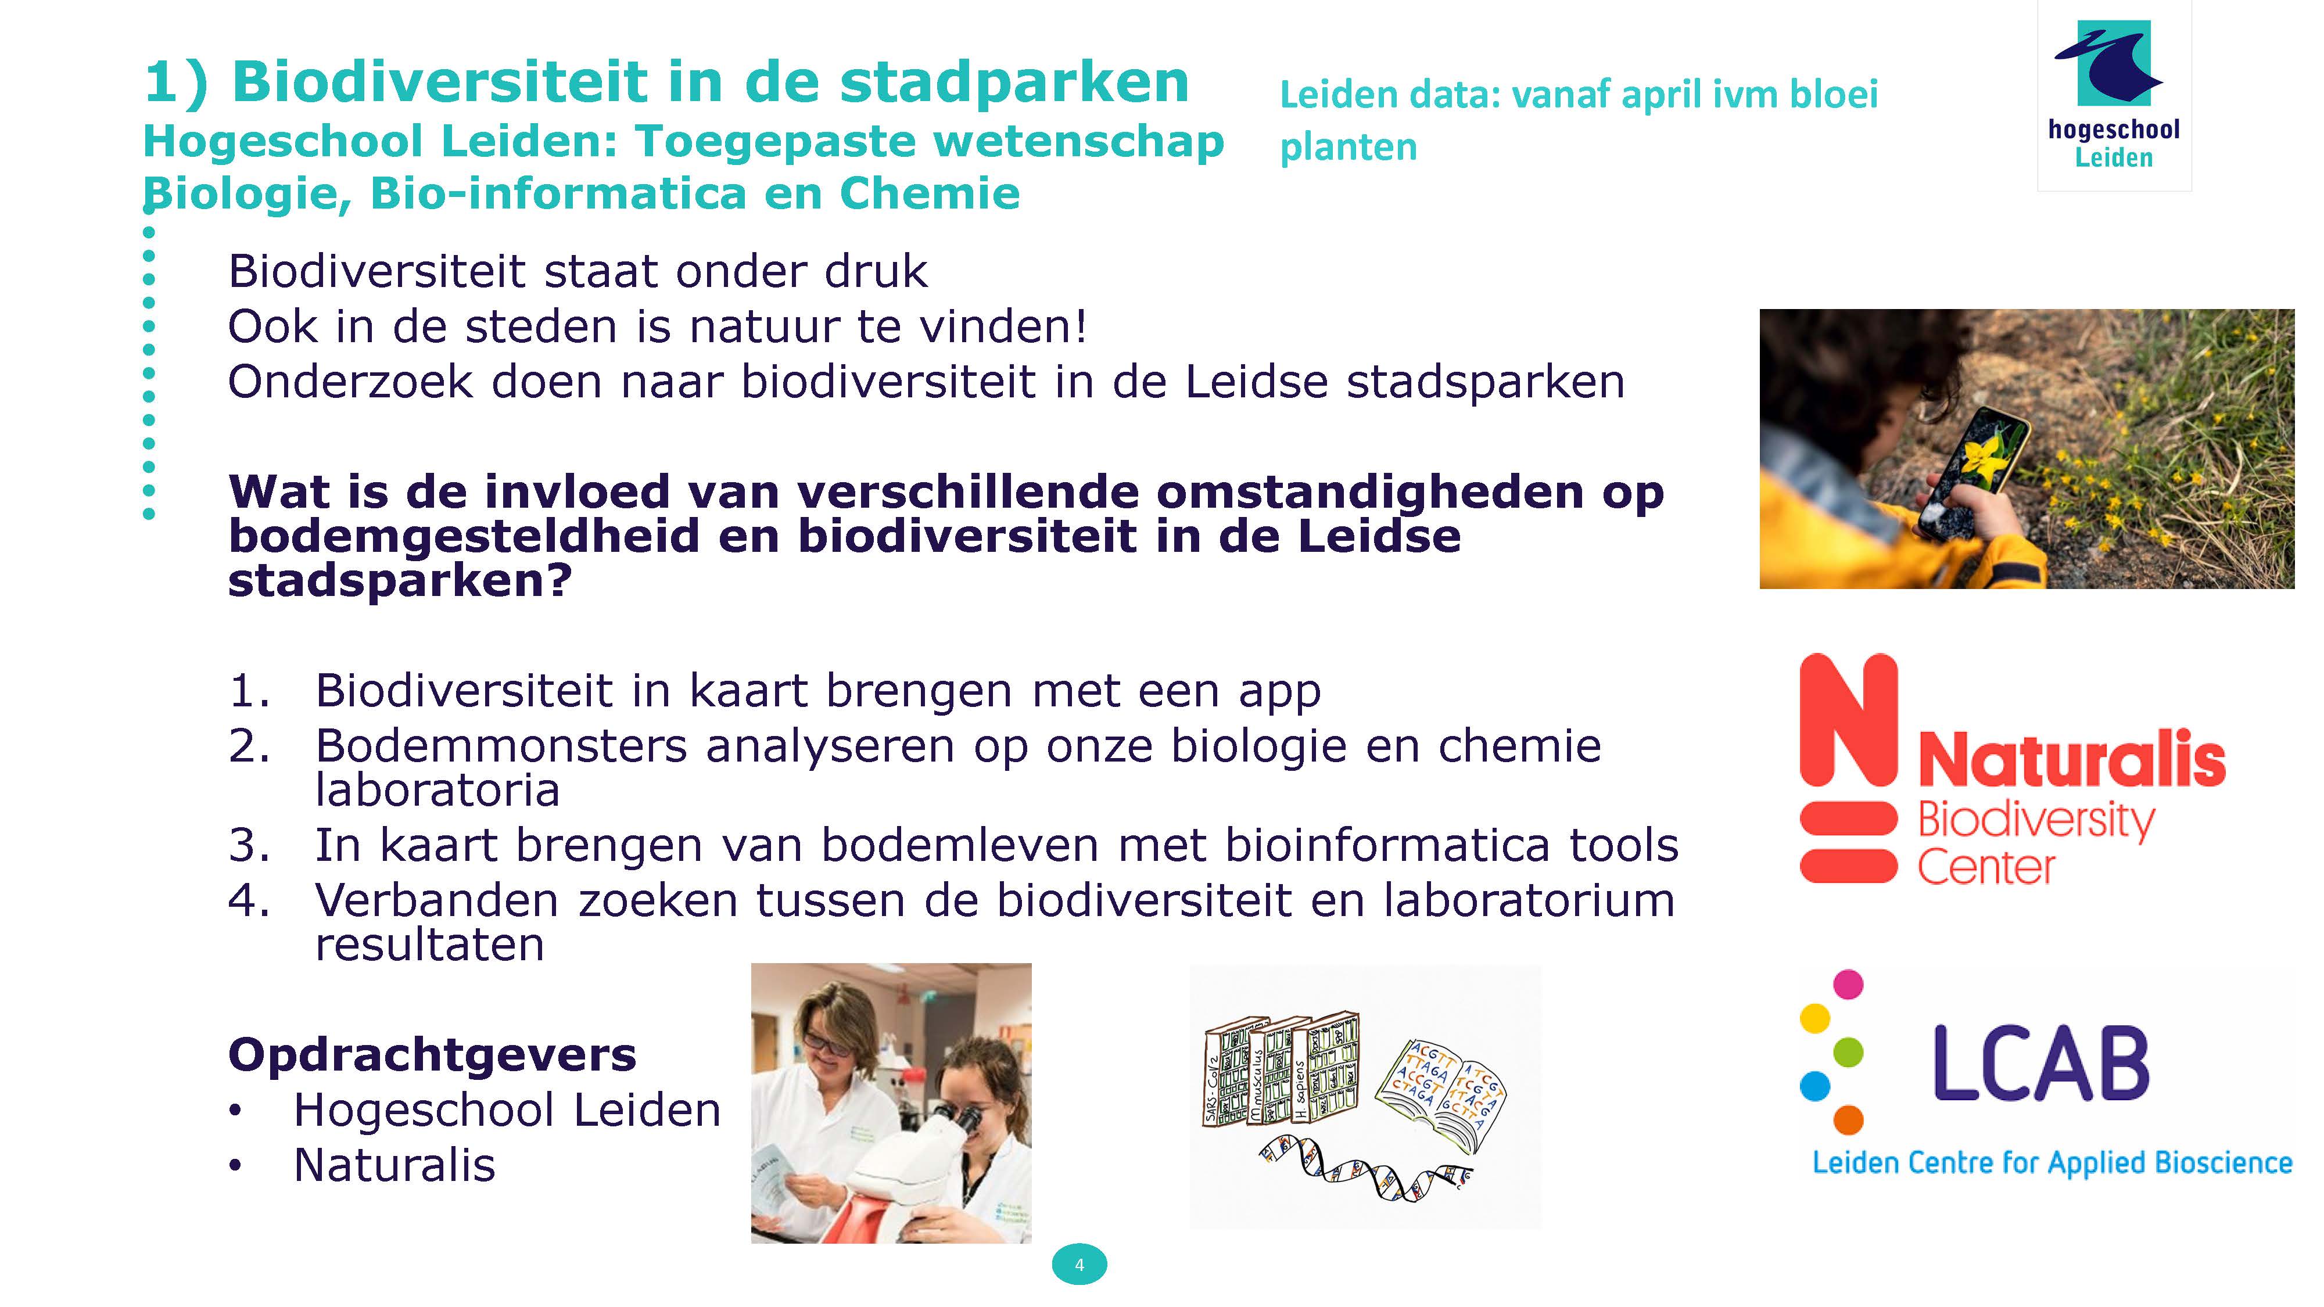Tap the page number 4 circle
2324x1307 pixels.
click(x=1079, y=1265)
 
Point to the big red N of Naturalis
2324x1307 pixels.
click(x=1849, y=719)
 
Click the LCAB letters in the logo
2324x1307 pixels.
click(x=2040, y=1064)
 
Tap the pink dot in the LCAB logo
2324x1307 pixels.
click(x=1849, y=984)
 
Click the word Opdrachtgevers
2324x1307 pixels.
click(x=432, y=1054)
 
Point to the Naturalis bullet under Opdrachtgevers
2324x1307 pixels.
click(x=394, y=1165)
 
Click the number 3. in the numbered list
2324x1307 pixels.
click(x=249, y=845)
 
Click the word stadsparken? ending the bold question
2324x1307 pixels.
click(x=400, y=580)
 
